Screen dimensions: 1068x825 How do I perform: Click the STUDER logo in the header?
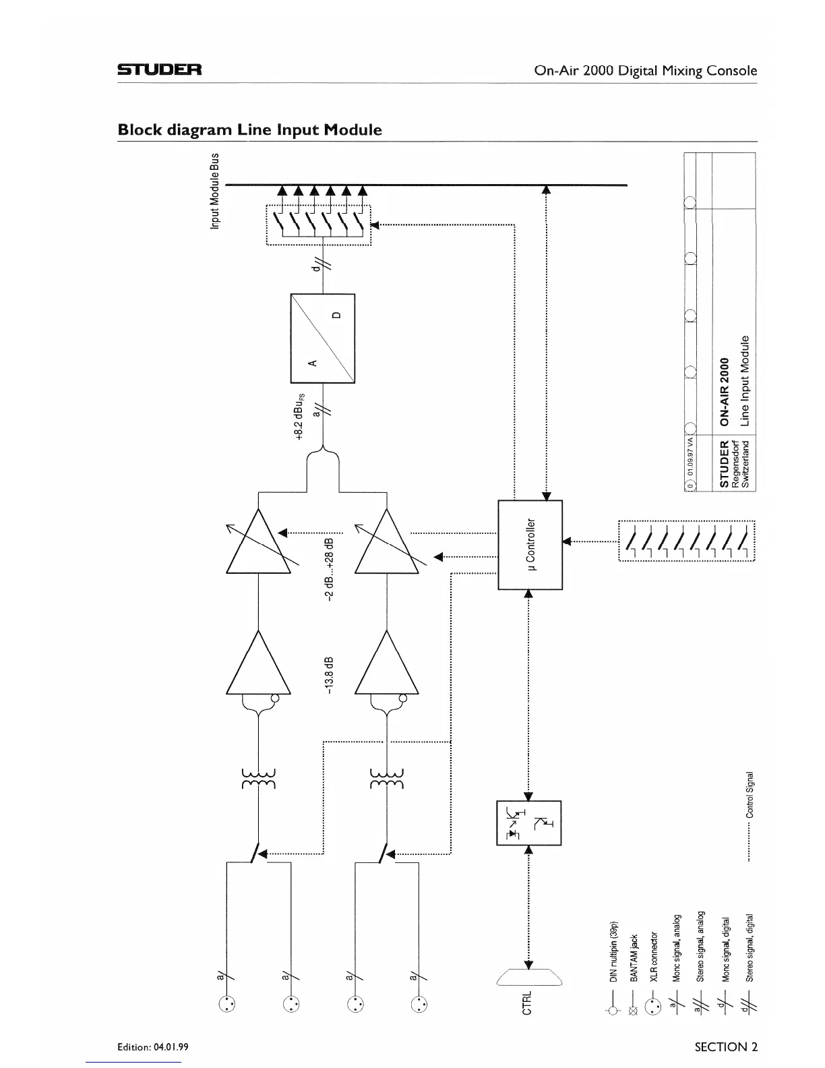159,70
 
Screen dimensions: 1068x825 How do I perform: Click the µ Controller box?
530,545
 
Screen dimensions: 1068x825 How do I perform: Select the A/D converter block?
322,338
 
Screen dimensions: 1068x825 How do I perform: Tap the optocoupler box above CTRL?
528,823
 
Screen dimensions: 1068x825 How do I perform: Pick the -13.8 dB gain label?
329,674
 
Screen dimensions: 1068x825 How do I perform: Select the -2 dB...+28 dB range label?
330,570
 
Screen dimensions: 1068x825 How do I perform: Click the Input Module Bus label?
215,191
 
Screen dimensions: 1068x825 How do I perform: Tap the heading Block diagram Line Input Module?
249,129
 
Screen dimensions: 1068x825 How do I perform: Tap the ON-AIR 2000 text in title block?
725,392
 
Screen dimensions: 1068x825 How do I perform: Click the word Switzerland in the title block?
745,465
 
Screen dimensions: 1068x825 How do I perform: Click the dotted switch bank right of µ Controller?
686,541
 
